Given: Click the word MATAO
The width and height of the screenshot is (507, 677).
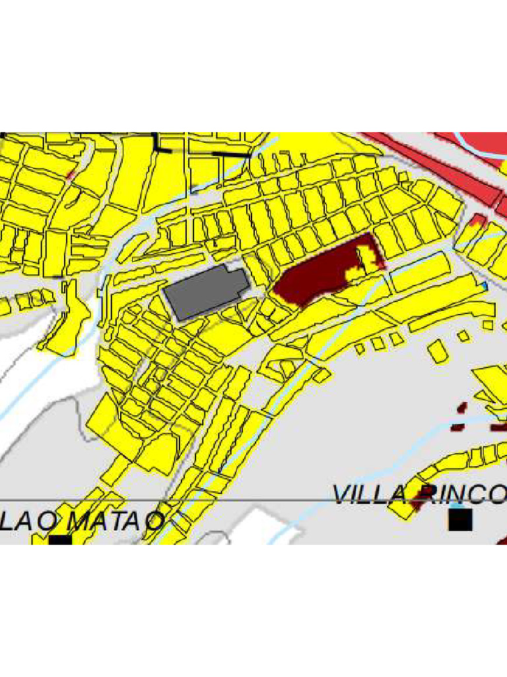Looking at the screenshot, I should [116, 520].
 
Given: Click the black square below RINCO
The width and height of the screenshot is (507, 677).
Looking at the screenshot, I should [460, 520].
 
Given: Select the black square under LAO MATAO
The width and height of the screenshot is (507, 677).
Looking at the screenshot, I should [60, 540].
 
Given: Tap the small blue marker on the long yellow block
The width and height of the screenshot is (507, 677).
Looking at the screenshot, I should [485, 285].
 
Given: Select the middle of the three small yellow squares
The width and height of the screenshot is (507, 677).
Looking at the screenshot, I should [378, 343].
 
